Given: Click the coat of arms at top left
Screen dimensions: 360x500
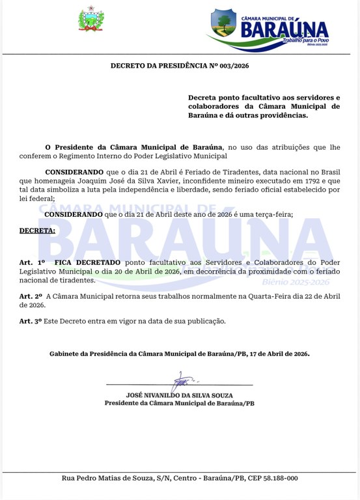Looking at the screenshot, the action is tap(91, 19).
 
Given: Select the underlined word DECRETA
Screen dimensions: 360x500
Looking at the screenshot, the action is tap(37, 230).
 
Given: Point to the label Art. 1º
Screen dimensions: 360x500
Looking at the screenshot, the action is tap(33, 261).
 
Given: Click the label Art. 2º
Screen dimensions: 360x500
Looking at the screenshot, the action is tap(31, 296).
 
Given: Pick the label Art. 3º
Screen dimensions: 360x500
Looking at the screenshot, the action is tap(31, 321).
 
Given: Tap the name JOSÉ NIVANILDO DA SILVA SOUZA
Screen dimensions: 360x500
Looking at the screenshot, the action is tap(180, 395).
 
